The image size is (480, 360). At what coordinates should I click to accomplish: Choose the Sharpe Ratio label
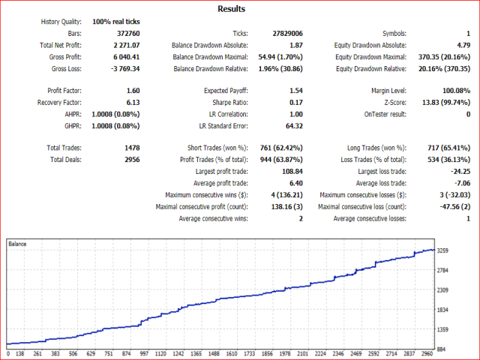(223, 102)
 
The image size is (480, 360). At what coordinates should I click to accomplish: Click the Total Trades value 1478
(131, 148)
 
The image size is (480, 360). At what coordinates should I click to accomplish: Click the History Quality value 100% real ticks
(116, 22)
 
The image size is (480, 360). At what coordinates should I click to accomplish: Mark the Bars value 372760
(127, 34)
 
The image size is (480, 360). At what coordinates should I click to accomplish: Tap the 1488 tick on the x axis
(214, 354)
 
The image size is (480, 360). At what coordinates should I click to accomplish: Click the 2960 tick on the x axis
(427, 354)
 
